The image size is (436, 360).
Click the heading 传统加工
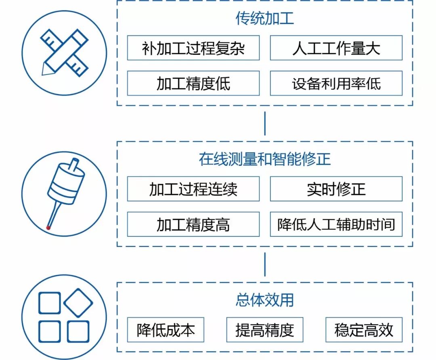coord(264,19)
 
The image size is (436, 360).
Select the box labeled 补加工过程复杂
coord(193,48)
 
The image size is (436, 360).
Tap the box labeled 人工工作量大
coord(336,48)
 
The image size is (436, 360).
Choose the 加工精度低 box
coord(193,84)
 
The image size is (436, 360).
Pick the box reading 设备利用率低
coord(336,84)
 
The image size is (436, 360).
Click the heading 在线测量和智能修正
coord(264,159)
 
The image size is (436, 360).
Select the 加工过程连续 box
coord(193,189)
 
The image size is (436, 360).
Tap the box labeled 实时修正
coord(336,189)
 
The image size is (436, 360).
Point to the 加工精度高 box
coord(193,224)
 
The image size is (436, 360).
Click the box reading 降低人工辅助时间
coord(336,224)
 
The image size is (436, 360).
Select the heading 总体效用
coord(264,300)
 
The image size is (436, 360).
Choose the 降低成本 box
coord(166,330)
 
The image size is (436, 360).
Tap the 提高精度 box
coord(264,330)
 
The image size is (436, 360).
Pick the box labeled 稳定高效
coord(363,330)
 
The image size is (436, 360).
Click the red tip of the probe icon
coord(48,228)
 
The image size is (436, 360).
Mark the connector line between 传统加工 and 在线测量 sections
coord(265,123)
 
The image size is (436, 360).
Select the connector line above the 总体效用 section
coord(265,264)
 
